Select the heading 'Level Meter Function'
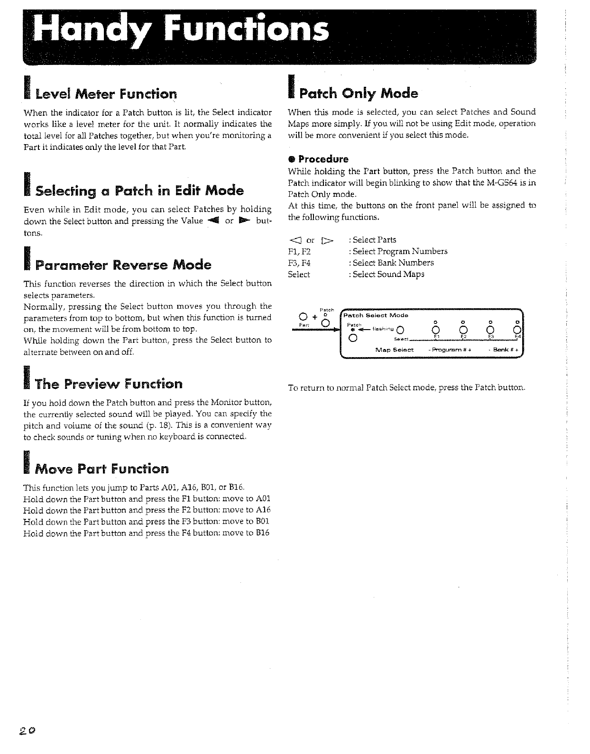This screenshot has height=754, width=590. click(x=101, y=94)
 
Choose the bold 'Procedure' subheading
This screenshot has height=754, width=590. click(x=323, y=159)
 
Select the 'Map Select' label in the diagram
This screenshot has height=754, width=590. click(x=394, y=350)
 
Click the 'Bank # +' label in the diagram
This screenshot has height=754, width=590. click(x=501, y=350)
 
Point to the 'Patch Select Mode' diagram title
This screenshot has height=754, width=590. click(x=376, y=315)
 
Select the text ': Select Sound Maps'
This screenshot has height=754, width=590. click(x=386, y=274)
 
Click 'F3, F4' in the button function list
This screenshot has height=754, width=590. click(x=299, y=263)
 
